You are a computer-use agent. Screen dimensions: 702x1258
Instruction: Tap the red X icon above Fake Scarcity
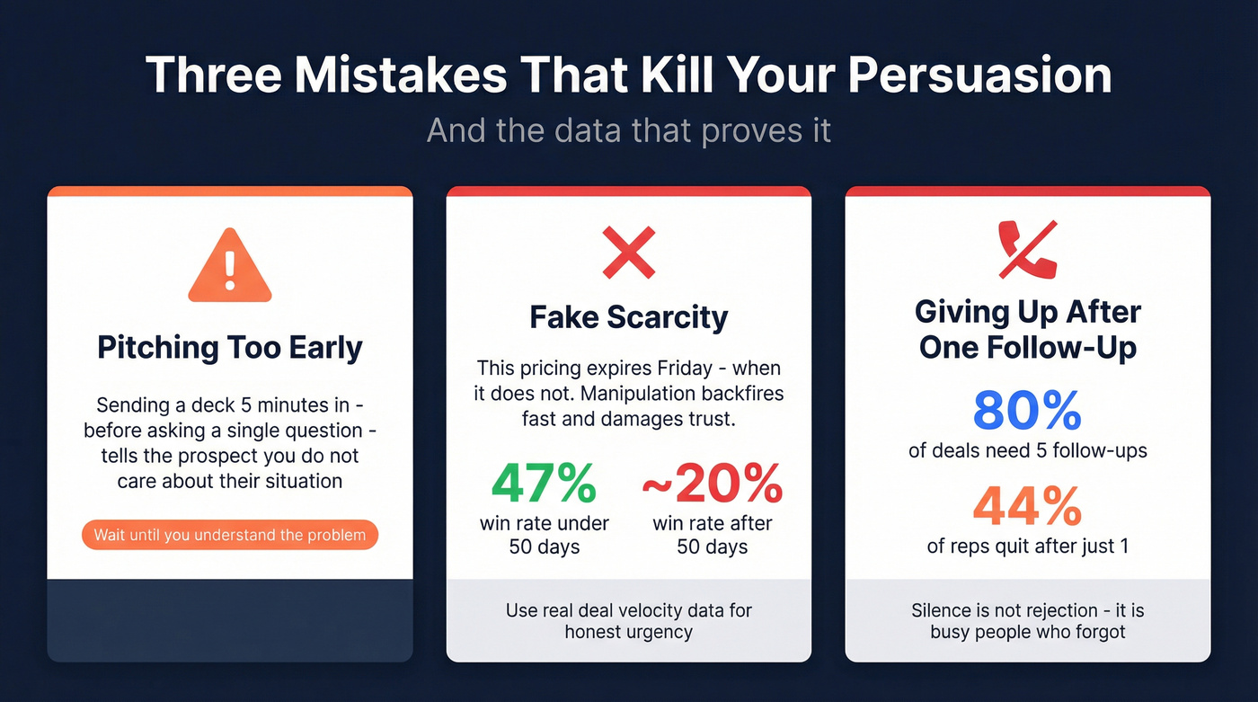pos(628,252)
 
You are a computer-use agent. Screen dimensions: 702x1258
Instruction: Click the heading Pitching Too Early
pos(230,348)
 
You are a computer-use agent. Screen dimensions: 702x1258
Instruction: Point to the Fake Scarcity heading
pos(628,316)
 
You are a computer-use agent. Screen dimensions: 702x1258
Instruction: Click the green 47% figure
pos(545,485)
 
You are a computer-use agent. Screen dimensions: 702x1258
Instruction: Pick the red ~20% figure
pos(712,485)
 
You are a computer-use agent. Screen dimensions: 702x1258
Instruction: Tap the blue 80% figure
pos(1027,412)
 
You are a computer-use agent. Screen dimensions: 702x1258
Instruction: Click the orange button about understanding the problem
pos(230,535)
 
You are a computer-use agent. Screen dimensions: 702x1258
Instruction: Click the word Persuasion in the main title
pos(979,75)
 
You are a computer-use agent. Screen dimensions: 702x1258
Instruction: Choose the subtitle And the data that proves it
pos(628,130)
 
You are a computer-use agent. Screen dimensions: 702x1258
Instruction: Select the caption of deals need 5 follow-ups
pos(1027,450)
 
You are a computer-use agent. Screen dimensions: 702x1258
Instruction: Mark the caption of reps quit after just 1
pos(1027,545)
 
